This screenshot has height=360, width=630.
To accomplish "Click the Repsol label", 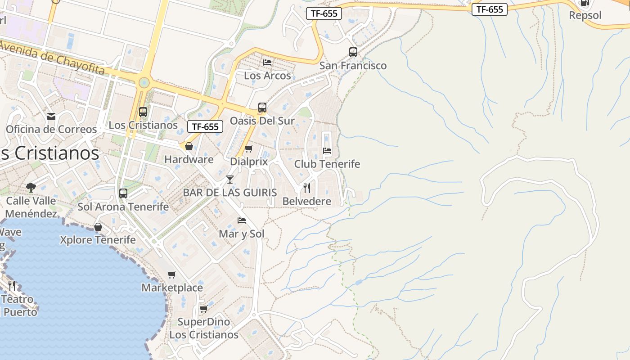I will coord(585,15).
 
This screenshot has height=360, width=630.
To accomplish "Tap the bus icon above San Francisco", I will coord(353,52).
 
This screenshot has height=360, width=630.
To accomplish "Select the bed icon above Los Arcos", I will coord(267,63).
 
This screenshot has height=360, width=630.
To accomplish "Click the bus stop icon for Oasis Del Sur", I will coord(262,108).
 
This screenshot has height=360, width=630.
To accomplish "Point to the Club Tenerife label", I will coord(327,164).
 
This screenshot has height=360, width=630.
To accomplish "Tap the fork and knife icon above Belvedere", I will coord(307,188).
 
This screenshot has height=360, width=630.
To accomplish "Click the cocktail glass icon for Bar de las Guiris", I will coord(230,180).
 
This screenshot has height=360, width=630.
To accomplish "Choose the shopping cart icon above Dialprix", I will coord(248,148).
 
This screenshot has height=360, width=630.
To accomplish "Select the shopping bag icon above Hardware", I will coord(189,146).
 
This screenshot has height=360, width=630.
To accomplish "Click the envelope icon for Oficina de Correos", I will coord(51,117).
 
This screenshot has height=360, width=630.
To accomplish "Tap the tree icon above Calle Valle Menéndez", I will coord(31,187).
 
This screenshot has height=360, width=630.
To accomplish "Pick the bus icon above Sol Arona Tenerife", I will coord(123,193).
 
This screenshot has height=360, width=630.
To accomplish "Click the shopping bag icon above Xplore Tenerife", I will coord(98,227).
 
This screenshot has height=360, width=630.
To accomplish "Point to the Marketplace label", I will coord(172,288).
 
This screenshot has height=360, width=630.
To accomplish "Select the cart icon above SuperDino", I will coord(203,309).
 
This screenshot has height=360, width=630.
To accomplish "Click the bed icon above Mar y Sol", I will coord(242,220).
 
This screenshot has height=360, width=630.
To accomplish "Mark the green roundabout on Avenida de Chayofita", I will coord(144,83).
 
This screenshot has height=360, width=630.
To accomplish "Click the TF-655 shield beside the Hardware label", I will coord(205,127).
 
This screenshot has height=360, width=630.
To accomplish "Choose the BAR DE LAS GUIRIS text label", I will coord(230,193).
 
